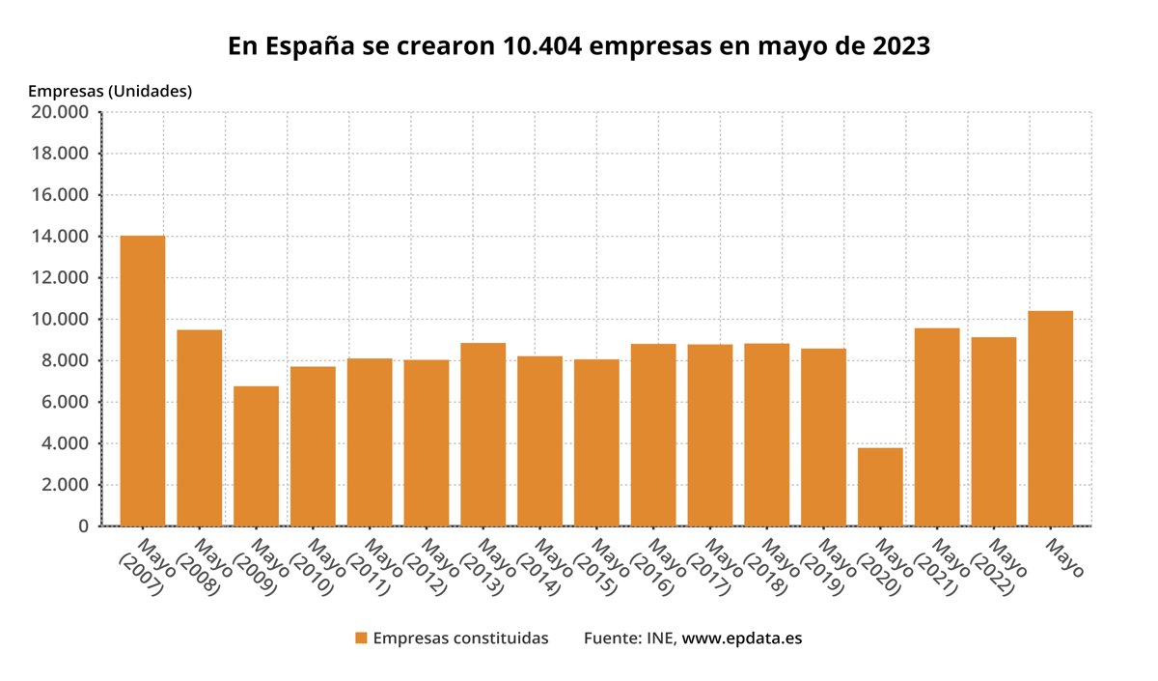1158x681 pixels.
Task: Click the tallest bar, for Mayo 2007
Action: tap(142, 381)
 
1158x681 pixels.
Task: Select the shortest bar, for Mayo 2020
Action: tap(880, 487)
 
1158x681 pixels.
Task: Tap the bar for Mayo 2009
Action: tap(256, 456)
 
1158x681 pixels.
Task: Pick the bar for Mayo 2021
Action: tap(937, 427)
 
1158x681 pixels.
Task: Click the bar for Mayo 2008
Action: tap(199, 428)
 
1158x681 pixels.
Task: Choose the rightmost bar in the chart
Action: tap(1050, 418)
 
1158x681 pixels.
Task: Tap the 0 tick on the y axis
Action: tap(84, 526)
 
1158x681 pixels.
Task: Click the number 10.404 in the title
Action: tap(542, 46)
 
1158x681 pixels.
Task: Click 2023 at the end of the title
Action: tap(898, 46)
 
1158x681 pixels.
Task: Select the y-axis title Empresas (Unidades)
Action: tap(110, 92)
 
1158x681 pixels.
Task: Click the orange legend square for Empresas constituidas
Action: tap(361, 638)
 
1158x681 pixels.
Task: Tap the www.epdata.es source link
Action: tap(742, 638)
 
